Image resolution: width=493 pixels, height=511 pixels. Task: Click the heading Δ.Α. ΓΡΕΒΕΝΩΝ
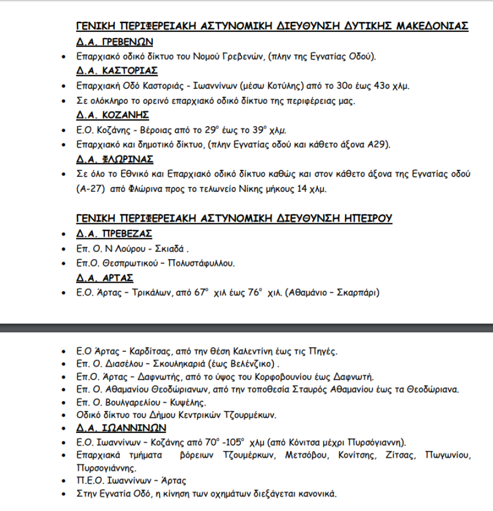[x=114, y=42]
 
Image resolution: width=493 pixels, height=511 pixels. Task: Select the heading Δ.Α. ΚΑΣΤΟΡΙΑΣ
[x=117, y=71]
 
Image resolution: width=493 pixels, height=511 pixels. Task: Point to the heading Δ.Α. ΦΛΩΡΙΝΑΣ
[x=114, y=159]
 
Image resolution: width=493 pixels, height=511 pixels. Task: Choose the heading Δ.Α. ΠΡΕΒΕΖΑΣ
[x=114, y=233]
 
